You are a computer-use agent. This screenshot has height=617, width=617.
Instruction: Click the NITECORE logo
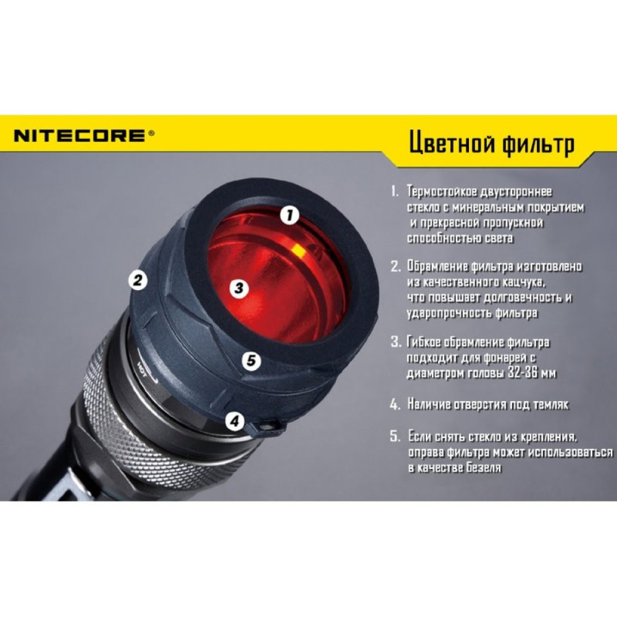point(80,136)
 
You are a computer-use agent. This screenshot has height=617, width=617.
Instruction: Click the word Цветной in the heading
point(445,144)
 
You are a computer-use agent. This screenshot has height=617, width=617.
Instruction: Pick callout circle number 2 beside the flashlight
point(138,280)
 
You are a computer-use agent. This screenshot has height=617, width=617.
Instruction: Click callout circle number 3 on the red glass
point(240,288)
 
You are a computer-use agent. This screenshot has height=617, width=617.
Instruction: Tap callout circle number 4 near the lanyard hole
point(234,422)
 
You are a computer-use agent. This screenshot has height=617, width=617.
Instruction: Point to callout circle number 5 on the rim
point(250,360)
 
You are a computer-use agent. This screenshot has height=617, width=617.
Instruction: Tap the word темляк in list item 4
point(550,405)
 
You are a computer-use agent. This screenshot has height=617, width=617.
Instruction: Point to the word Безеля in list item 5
point(481,468)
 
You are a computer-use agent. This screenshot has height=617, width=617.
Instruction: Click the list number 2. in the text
point(395,267)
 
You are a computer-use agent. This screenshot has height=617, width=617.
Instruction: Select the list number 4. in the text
point(395,405)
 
